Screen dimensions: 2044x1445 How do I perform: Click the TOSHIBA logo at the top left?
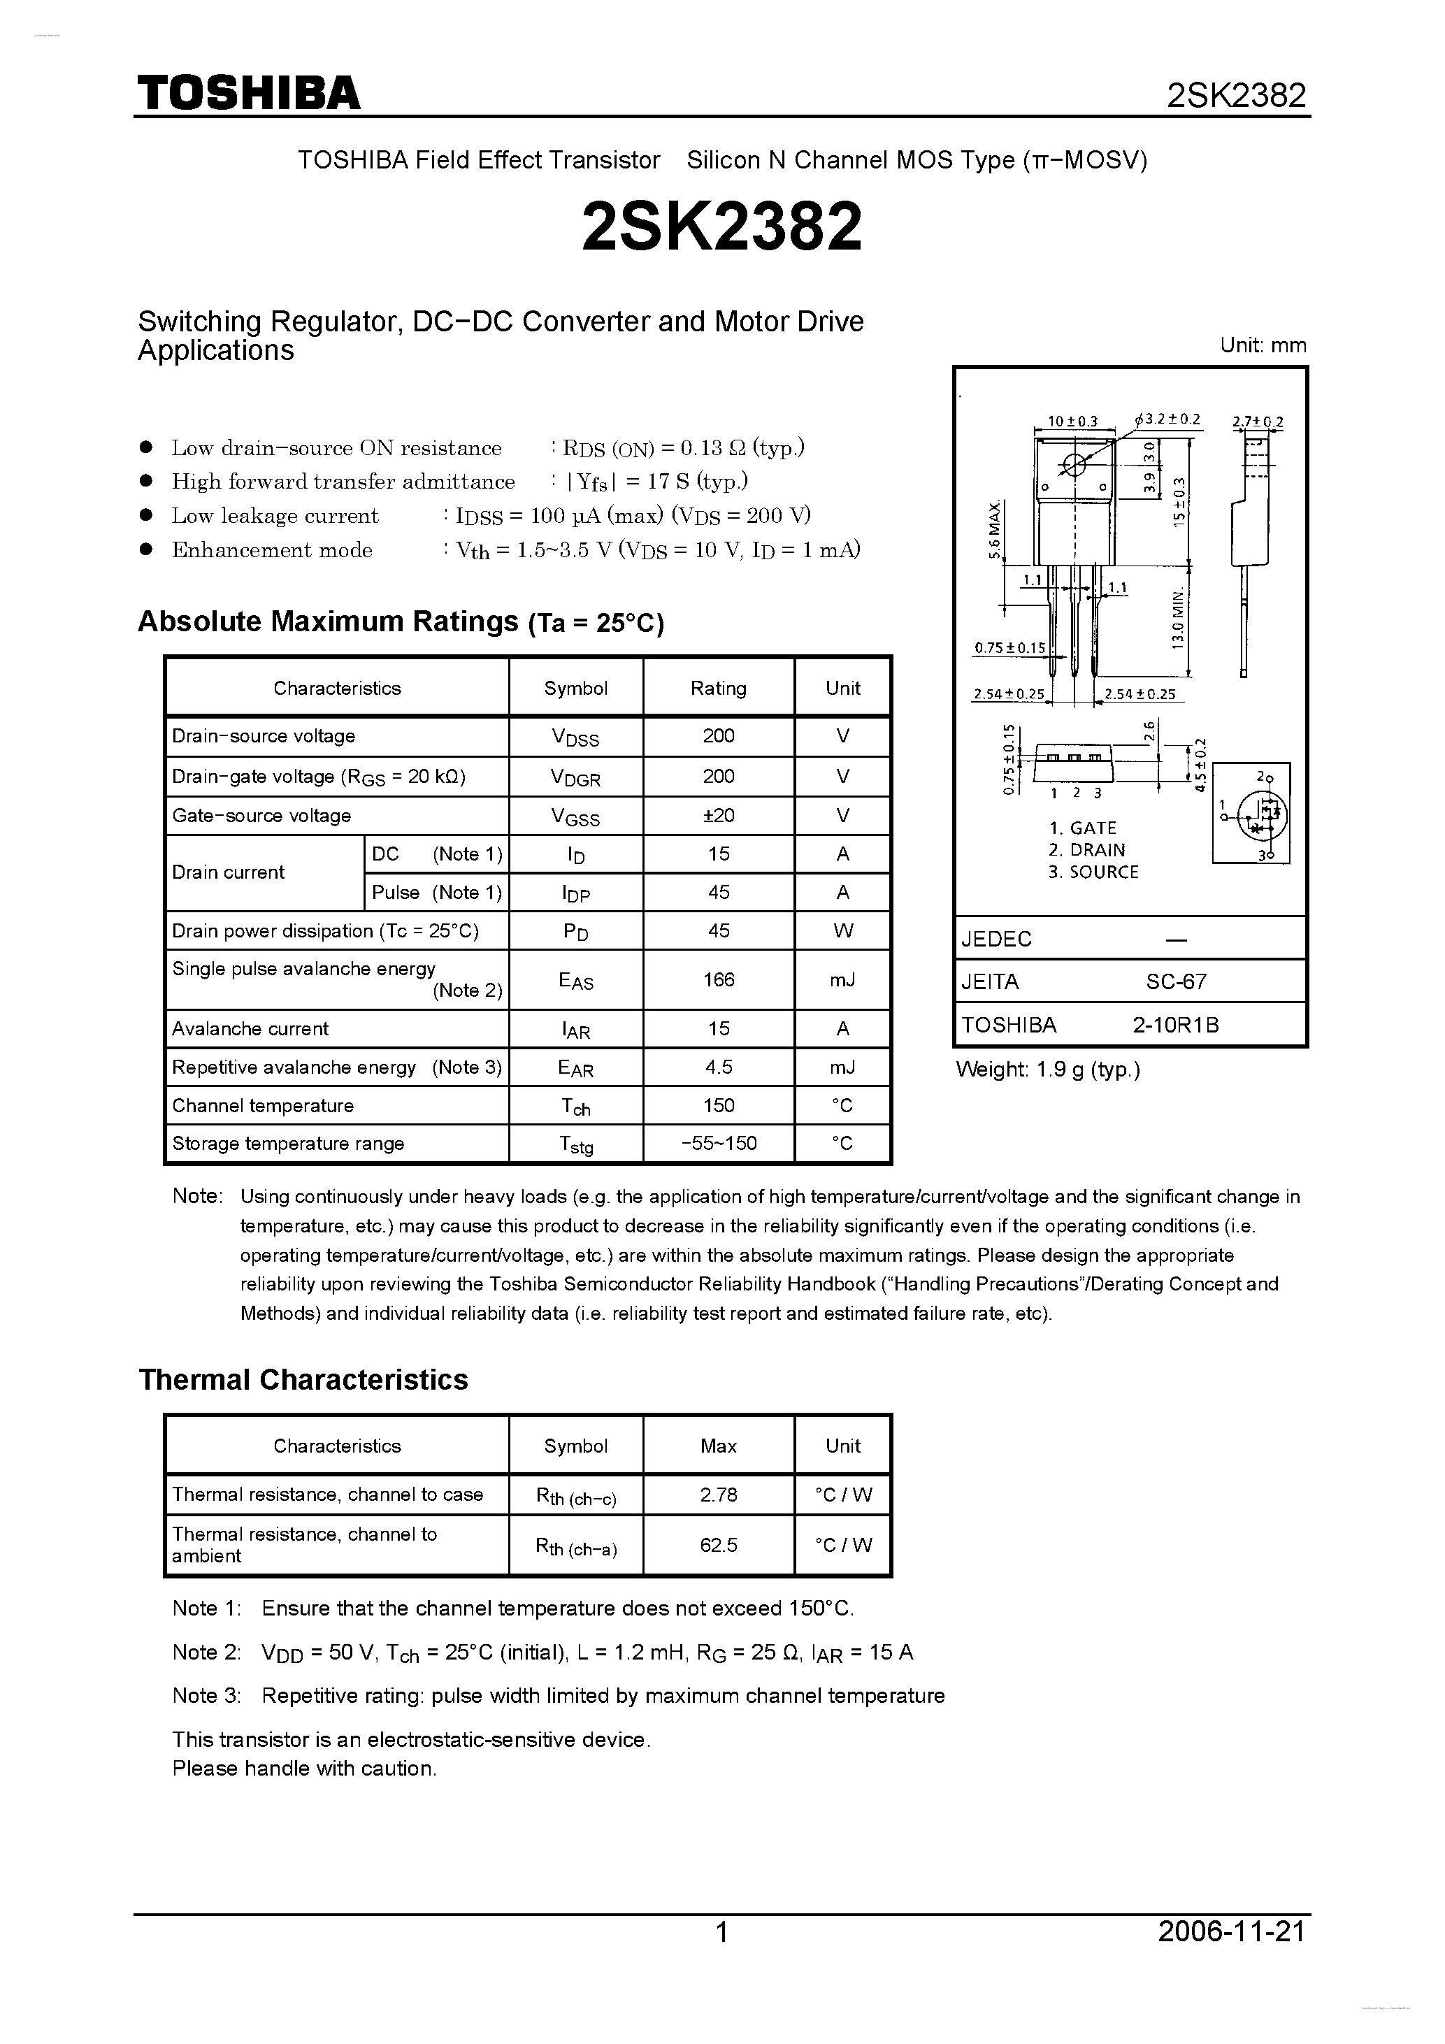[x=248, y=92]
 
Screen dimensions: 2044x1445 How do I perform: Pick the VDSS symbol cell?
[x=575, y=737]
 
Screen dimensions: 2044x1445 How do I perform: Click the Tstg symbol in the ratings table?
[x=576, y=1145]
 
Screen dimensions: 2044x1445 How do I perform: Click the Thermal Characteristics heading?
[x=303, y=1379]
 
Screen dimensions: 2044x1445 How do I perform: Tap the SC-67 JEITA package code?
[x=1175, y=981]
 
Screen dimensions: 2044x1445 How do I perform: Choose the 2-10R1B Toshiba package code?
[x=1175, y=1025]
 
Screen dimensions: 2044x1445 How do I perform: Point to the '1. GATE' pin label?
[x=1081, y=828]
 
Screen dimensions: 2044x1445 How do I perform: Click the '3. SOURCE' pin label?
[x=1093, y=872]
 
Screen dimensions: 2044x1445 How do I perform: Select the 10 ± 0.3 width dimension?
[x=1072, y=421]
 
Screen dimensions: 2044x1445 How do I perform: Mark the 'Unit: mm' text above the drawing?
[x=1263, y=345]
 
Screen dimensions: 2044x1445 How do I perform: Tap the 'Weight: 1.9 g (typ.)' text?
[x=1047, y=1069]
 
